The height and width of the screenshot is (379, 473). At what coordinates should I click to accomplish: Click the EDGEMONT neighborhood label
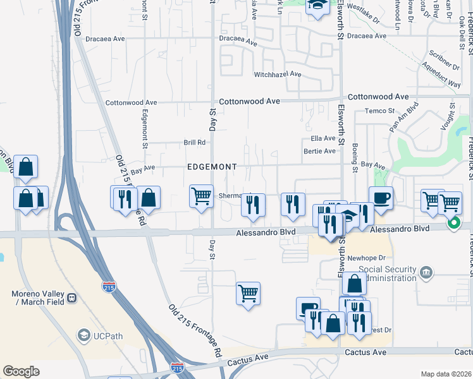pyautogui.click(x=212, y=167)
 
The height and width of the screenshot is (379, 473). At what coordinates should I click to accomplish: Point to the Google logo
pyautogui.click(x=21, y=371)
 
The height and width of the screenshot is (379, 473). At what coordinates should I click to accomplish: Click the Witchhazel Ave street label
pyautogui.click(x=278, y=75)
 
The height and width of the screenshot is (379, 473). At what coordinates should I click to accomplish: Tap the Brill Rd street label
pyautogui.click(x=195, y=143)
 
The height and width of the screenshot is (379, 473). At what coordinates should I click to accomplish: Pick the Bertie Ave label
pyautogui.click(x=319, y=152)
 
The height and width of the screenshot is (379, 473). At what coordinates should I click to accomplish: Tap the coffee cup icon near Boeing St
pyautogui.click(x=381, y=198)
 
